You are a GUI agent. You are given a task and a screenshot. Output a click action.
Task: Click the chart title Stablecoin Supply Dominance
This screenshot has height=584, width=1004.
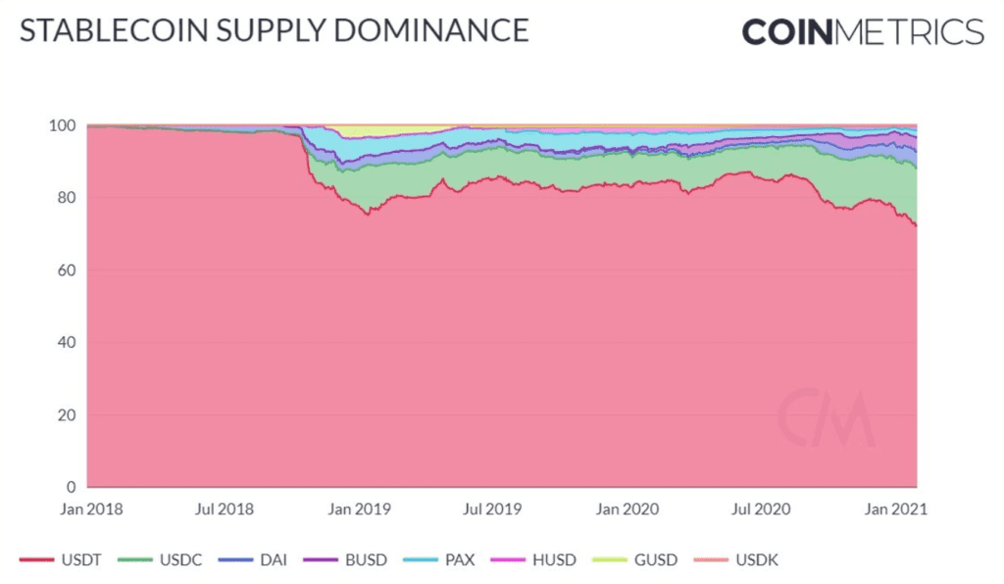pyautogui.click(x=275, y=30)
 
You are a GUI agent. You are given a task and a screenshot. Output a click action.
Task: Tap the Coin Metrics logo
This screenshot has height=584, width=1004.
pyautogui.click(x=862, y=31)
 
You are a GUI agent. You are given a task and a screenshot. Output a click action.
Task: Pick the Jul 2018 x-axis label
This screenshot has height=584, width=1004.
pyautogui.click(x=226, y=510)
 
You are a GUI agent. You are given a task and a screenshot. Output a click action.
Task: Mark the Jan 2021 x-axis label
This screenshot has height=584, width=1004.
pyautogui.click(x=895, y=510)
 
